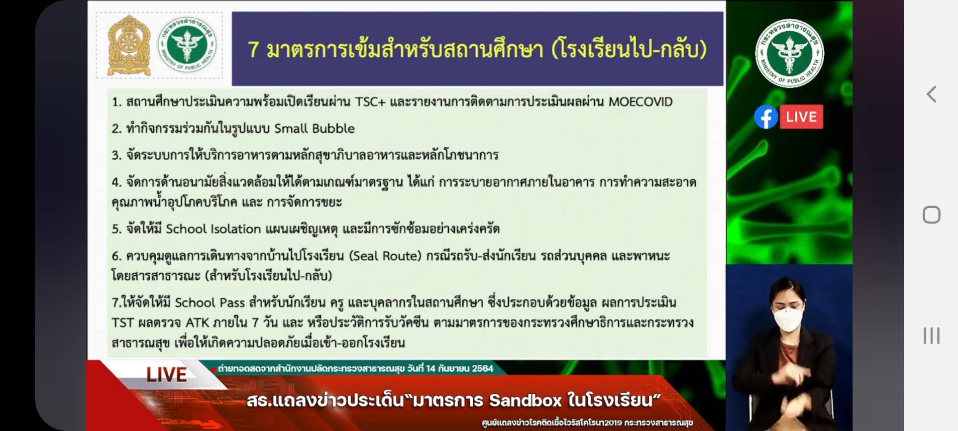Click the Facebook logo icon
(766, 117)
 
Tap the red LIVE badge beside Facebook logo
(801, 117)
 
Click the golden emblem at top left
(129, 46)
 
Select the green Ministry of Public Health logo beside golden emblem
(187, 44)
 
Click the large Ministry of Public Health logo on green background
(789, 53)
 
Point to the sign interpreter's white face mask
(788, 319)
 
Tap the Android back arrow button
(931, 94)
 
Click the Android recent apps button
(931, 336)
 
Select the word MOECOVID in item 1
(641, 102)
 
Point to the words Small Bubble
(314, 129)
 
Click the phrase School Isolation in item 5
(214, 229)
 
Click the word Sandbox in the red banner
(525, 400)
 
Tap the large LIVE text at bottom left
(166, 375)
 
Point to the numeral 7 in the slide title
(254, 50)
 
